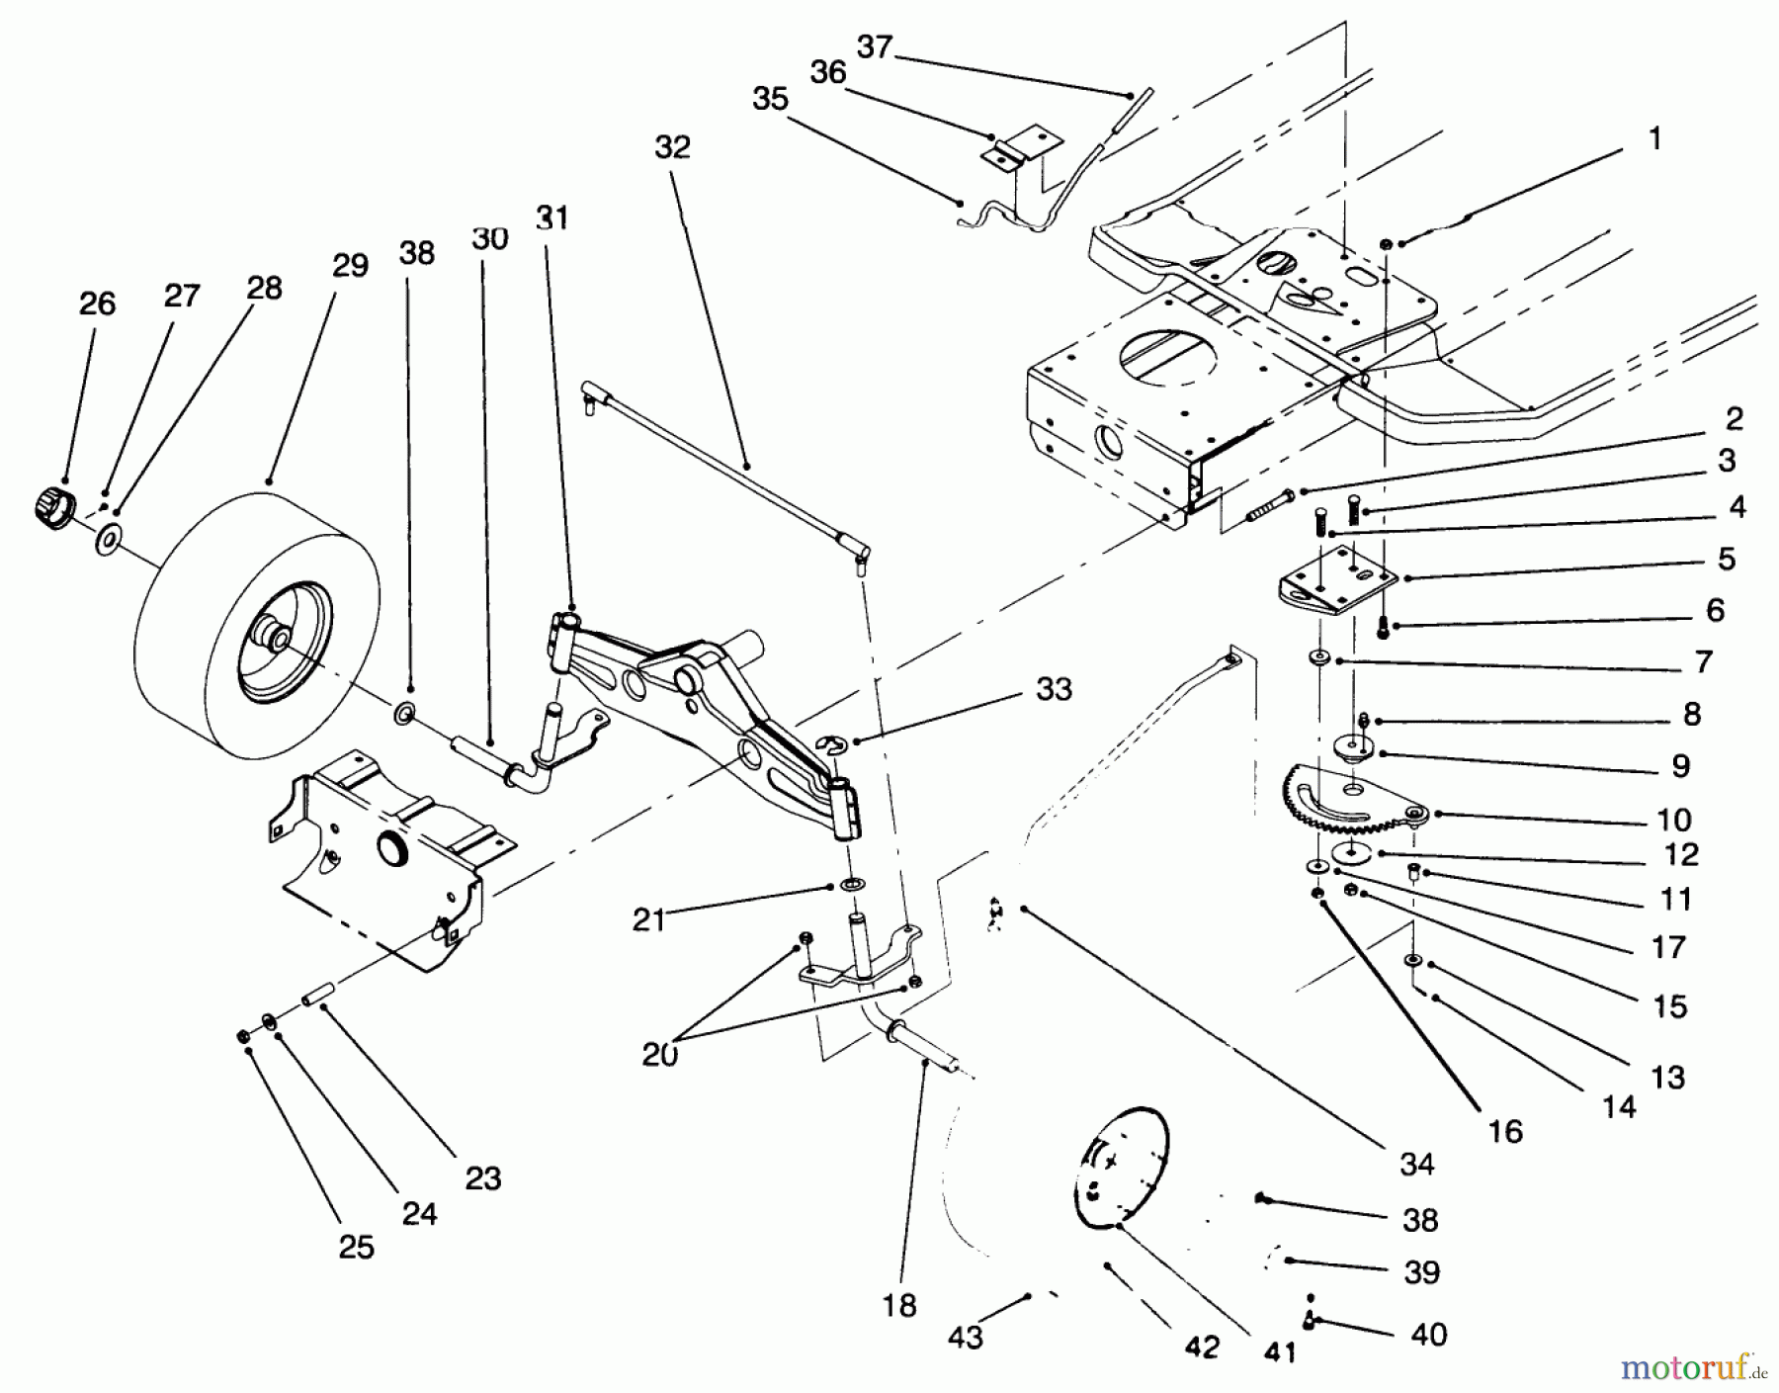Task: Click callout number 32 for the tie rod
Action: coord(672,147)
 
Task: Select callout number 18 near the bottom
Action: coord(899,1306)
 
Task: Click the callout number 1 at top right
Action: coord(1655,138)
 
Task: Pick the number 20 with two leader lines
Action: coord(660,1055)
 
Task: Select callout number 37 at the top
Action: coord(875,46)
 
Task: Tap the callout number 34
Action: coord(1416,1165)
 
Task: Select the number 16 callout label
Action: coord(1505,1131)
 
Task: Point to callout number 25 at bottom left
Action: coord(356,1247)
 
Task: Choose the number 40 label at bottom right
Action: coord(1429,1334)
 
